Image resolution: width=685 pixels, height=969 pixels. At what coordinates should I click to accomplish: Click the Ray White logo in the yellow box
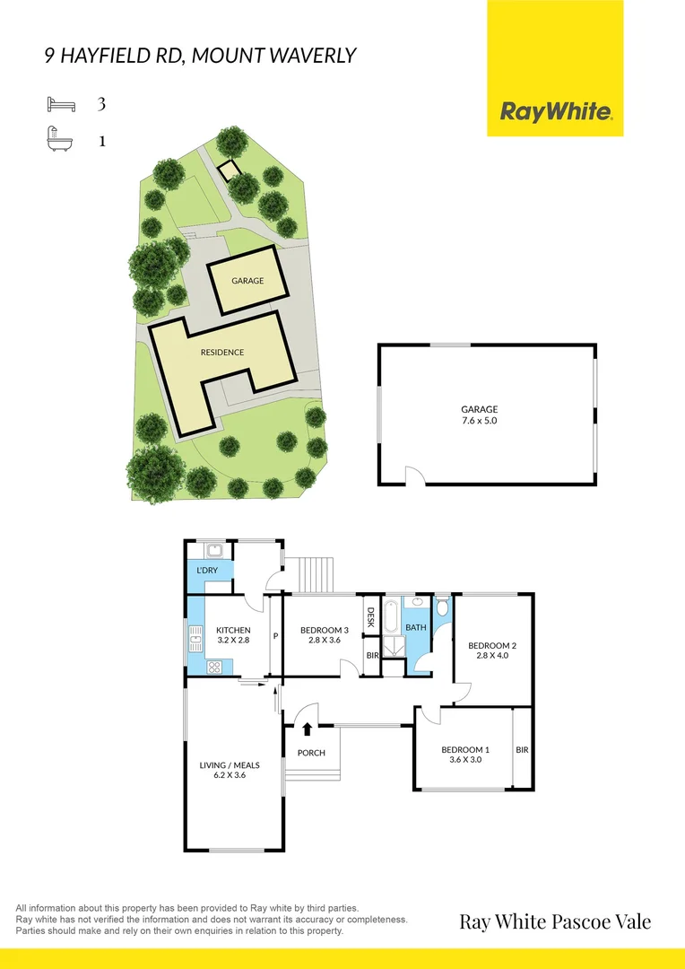[x=556, y=112]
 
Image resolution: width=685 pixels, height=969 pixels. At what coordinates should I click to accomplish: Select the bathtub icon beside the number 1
[x=61, y=141]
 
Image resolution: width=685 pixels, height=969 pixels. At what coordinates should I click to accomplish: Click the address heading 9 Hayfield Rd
[x=200, y=56]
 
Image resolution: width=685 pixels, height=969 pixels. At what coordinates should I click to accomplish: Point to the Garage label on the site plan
[x=247, y=281]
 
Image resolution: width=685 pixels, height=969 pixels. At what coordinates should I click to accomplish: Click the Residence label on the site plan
[x=222, y=353]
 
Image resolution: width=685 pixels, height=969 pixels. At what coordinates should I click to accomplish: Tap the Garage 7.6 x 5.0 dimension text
[x=479, y=415]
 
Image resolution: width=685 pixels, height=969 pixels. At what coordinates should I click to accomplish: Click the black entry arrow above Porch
[x=308, y=729]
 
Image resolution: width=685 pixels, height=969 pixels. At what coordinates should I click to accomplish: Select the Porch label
[x=311, y=753]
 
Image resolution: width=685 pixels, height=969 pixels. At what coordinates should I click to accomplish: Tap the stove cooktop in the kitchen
[x=216, y=666]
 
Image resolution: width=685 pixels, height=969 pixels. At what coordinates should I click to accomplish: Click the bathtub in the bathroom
[x=392, y=617]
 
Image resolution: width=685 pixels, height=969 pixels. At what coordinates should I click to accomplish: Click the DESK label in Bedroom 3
[x=369, y=617]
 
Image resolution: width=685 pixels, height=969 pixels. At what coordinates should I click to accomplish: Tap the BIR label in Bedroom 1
[x=522, y=749]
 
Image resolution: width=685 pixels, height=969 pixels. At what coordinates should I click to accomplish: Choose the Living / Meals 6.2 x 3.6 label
[x=229, y=770]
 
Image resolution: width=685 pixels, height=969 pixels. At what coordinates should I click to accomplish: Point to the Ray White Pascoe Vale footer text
[x=555, y=921]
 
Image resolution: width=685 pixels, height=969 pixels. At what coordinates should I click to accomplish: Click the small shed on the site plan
[x=230, y=170]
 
